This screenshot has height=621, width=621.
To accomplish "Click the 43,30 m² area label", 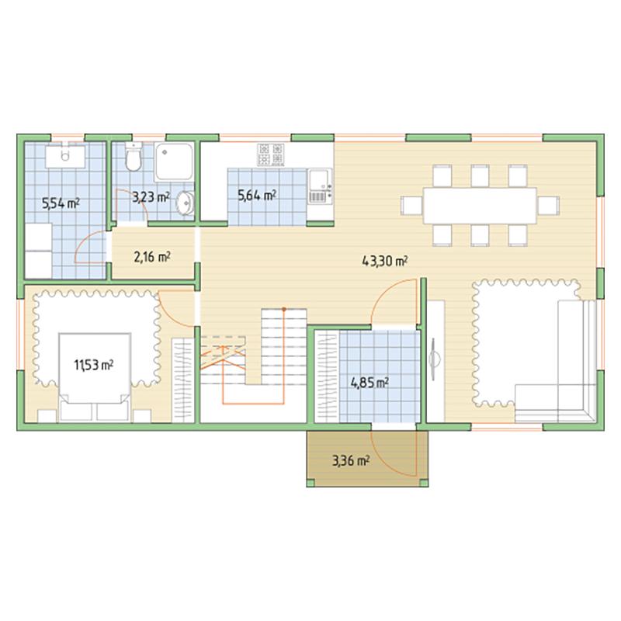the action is tap(385, 261).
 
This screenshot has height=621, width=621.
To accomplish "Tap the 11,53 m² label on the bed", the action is tap(94, 365).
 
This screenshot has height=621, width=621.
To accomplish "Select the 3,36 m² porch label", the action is tap(351, 460).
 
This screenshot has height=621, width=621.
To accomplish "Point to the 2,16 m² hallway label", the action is tap(152, 257).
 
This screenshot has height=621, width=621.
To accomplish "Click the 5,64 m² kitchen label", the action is tap(257, 195).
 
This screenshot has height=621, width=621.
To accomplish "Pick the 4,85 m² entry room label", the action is tap(369, 383).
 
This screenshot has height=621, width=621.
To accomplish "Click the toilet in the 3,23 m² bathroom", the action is tap(133, 157).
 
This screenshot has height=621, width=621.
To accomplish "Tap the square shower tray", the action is tap(174, 161).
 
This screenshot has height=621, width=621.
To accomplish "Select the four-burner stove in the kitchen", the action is tap(271, 154).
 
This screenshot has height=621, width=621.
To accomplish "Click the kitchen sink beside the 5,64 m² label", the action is tap(320, 186).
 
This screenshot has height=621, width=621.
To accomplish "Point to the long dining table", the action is tap(480, 206).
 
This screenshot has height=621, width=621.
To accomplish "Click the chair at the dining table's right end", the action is tap(549, 206).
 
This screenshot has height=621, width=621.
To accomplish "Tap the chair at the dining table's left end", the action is tap(412, 206).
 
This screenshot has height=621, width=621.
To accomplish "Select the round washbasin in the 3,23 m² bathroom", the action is tap(186, 203).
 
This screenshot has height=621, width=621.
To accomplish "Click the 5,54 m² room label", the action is tap(61, 203).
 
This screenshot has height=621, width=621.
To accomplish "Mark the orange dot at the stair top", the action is tap(284, 309).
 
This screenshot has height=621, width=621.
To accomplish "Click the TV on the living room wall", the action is tap(434, 359).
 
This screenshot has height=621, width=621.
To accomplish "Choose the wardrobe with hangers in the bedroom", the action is tap(182, 380).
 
